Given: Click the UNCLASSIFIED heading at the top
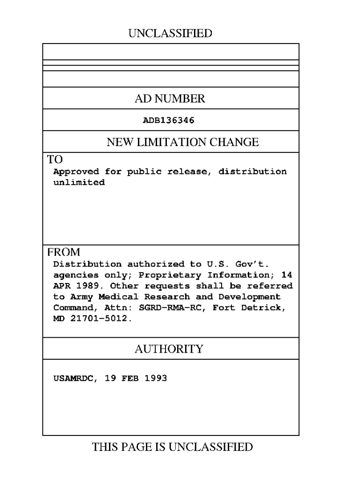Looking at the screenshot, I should point(170,33).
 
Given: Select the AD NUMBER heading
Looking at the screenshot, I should point(170,99).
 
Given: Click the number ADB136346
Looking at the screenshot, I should point(168,120).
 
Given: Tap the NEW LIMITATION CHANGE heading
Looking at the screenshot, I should point(182,142).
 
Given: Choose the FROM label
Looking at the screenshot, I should point(64,252).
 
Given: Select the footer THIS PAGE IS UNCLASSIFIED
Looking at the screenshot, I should point(173,447).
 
